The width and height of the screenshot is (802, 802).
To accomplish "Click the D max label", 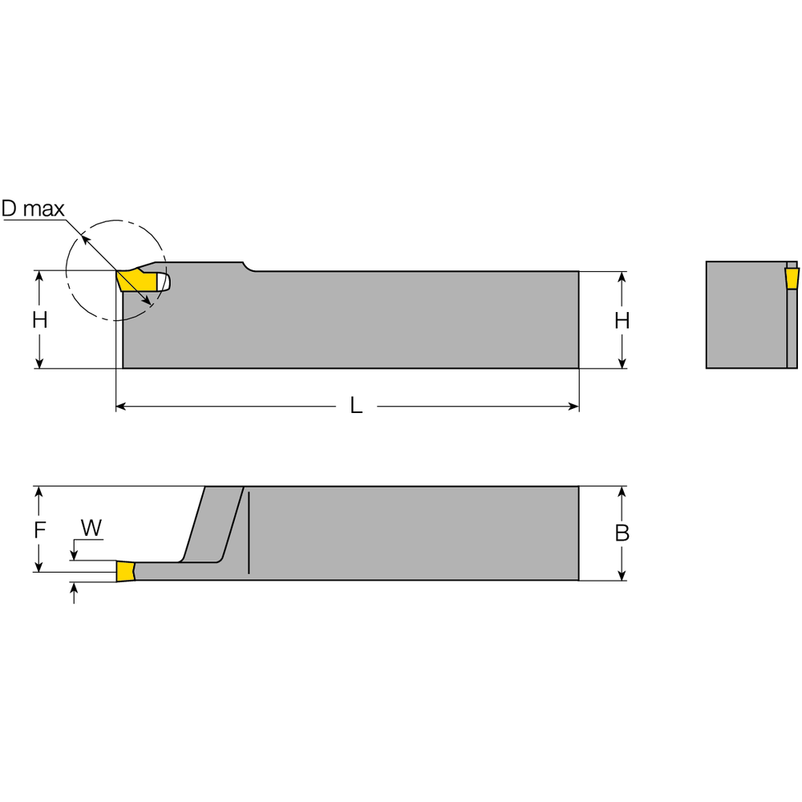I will tap(32, 209).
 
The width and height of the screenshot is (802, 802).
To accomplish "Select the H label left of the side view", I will tap(39, 320).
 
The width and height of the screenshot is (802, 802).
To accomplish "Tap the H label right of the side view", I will tap(622, 320).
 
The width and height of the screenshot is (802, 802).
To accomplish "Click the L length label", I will tap(356, 407).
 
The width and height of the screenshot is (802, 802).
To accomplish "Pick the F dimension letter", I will tap(39, 529).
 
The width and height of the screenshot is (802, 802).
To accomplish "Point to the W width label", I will tap(92, 528).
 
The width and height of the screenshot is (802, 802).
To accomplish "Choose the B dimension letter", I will tap(622, 533).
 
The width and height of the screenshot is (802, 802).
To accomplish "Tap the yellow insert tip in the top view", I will tap(125, 571).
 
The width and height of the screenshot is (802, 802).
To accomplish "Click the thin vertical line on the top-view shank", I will tap(249, 533).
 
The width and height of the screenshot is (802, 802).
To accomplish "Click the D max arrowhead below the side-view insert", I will tap(148, 302).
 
